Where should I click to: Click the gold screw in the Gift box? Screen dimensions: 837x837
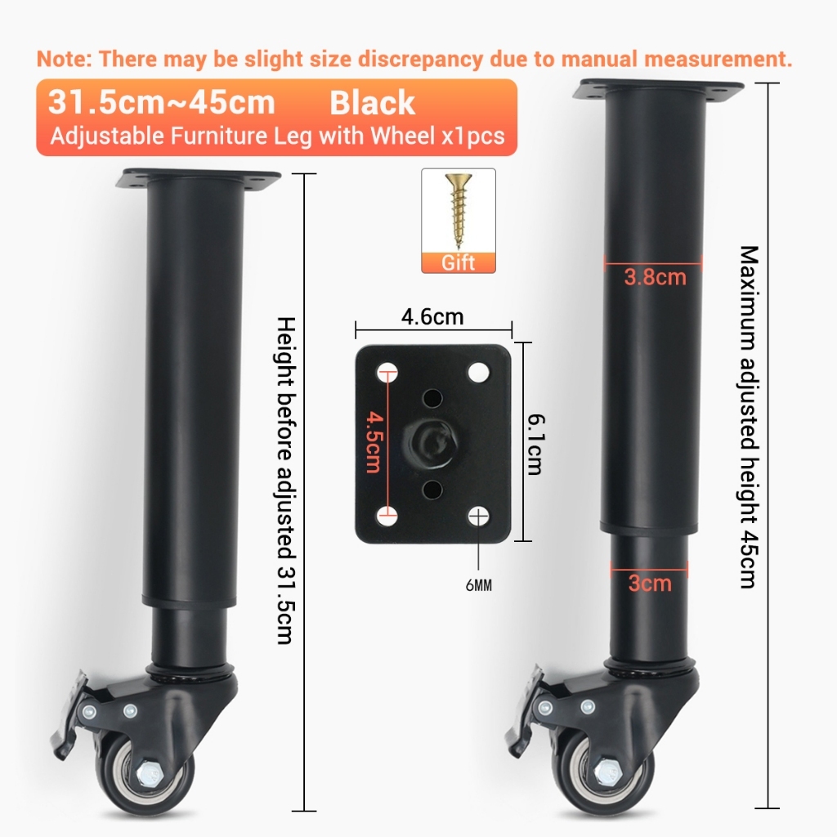click(459, 211)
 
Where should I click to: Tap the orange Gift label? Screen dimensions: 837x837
click(458, 262)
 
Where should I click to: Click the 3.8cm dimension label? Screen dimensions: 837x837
click(655, 277)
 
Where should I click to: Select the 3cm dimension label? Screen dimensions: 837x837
click(650, 583)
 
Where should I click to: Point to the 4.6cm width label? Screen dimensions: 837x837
click(432, 316)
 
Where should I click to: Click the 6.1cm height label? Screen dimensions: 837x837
click(535, 444)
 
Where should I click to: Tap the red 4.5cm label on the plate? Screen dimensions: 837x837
click(374, 442)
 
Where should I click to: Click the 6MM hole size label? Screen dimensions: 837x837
click(479, 585)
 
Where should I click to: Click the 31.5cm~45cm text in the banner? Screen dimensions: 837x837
click(161, 102)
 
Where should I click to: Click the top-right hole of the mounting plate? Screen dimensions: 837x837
click(478, 372)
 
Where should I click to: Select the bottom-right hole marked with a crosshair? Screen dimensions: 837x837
click(478, 517)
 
